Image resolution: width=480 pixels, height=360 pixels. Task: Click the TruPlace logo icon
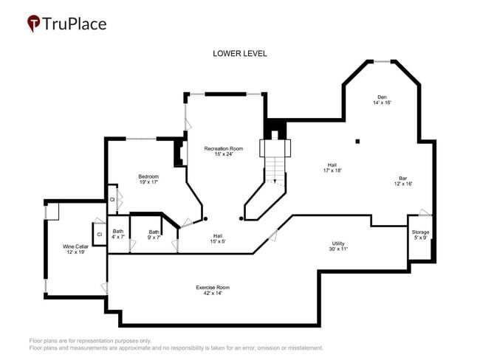(34, 24)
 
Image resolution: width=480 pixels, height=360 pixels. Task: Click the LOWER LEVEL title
(239, 54)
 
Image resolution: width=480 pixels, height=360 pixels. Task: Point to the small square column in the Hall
(357, 141)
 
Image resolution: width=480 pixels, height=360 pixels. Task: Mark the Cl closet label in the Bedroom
(112, 199)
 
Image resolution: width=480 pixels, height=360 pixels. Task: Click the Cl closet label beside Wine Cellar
(98, 235)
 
